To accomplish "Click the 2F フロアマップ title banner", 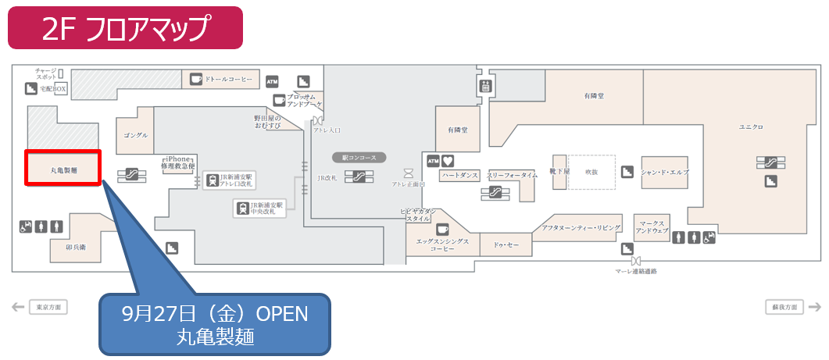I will tap(125, 28).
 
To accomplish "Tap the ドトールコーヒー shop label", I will tap(229, 80).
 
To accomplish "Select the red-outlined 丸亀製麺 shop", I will tap(63, 169).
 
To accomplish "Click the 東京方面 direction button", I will tap(48, 307).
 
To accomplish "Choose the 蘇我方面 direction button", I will tap(782, 307).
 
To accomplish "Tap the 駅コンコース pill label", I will tap(359, 158).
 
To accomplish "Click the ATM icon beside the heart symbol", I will tap(433, 161).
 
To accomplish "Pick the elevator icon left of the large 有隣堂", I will tap(485, 86).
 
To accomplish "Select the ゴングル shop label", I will tap(135, 135).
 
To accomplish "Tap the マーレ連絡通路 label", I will tap(635, 271).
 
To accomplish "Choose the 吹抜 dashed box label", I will tap(591, 172).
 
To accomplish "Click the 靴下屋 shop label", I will tap(559, 170).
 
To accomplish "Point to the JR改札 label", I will tap(327, 178).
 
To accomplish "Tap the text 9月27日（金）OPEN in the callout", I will tap(215, 314).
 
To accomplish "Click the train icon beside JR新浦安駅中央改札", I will tap(243, 209).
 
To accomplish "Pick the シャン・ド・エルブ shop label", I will tap(665, 172).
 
